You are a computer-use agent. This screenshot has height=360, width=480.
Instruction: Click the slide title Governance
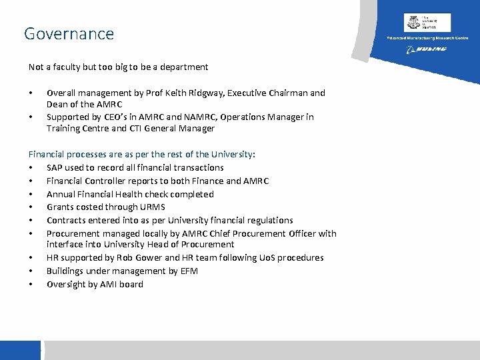pos(69,33)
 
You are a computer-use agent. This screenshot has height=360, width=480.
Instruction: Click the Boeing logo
pos(427,49)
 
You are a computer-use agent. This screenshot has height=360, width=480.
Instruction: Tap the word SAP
pos(55,168)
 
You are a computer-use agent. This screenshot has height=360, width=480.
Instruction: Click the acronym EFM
pos(188,271)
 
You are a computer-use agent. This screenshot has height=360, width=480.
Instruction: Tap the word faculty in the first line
pos(67,67)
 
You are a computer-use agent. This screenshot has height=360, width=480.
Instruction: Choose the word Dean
pos(57,105)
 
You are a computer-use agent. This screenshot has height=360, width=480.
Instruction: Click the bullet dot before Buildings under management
pos(31,271)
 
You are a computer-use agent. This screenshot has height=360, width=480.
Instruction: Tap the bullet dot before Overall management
pos(31,93)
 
